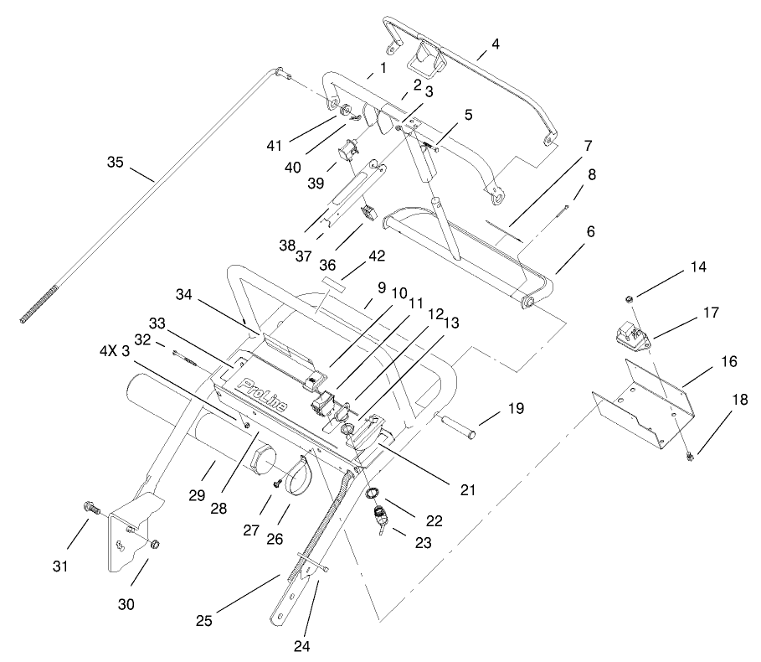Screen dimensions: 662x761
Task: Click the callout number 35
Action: (x=116, y=161)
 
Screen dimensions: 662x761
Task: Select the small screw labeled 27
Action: (x=276, y=484)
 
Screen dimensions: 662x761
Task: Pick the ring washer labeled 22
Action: (x=373, y=492)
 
